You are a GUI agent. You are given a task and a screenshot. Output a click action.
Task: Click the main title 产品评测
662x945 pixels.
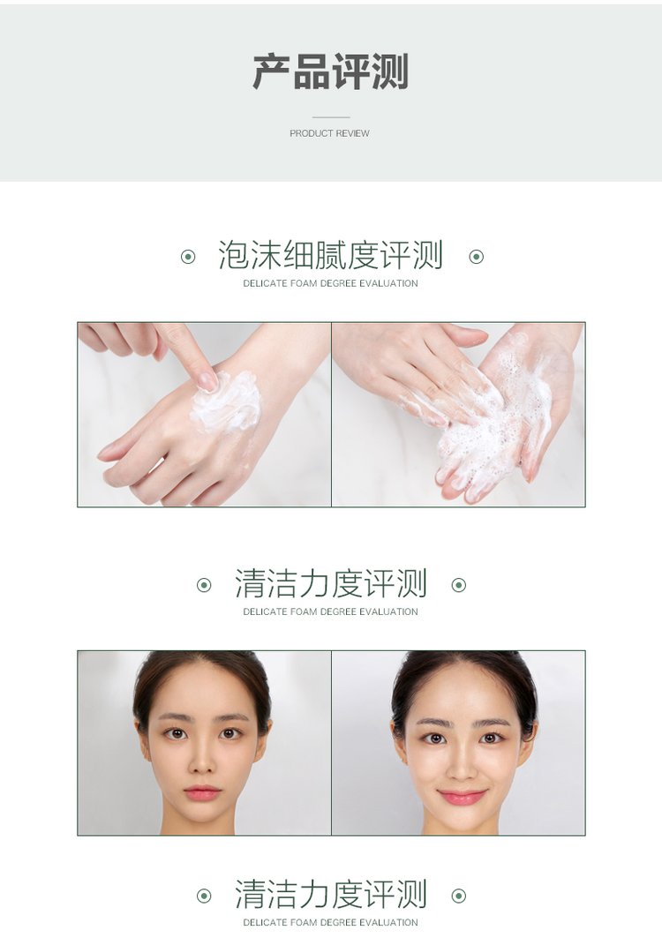click(x=330, y=71)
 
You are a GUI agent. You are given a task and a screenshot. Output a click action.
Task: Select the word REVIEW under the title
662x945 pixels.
click(x=353, y=133)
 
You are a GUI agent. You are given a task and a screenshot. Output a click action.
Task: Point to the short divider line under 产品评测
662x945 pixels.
click(x=331, y=117)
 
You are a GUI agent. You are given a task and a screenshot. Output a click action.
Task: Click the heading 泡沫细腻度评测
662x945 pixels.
click(x=330, y=255)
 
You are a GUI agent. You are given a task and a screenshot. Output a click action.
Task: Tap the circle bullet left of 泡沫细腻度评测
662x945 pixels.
click(x=188, y=258)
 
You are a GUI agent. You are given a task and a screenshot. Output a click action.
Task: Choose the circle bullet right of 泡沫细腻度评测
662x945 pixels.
click(x=477, y=258)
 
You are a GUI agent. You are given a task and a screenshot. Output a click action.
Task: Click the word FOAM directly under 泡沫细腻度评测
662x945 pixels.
click(x=304, y=283)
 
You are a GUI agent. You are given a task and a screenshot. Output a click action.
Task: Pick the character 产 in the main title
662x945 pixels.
click(x=271, y=71)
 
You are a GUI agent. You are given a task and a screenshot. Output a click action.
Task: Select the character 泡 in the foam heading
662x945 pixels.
click(x=233, y=255)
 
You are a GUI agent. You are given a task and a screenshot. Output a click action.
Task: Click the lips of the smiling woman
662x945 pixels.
click(x=463, y=797)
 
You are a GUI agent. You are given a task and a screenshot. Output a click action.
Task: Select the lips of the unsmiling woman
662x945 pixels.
click(x=202, y=792)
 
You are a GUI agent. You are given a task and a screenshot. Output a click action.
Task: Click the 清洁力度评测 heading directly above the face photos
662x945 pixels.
click(x=331, y=583)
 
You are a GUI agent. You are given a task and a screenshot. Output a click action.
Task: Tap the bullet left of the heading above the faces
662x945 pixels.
click(x=205, y=585)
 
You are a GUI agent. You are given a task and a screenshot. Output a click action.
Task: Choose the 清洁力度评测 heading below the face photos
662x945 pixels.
click(x=331, y=894)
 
